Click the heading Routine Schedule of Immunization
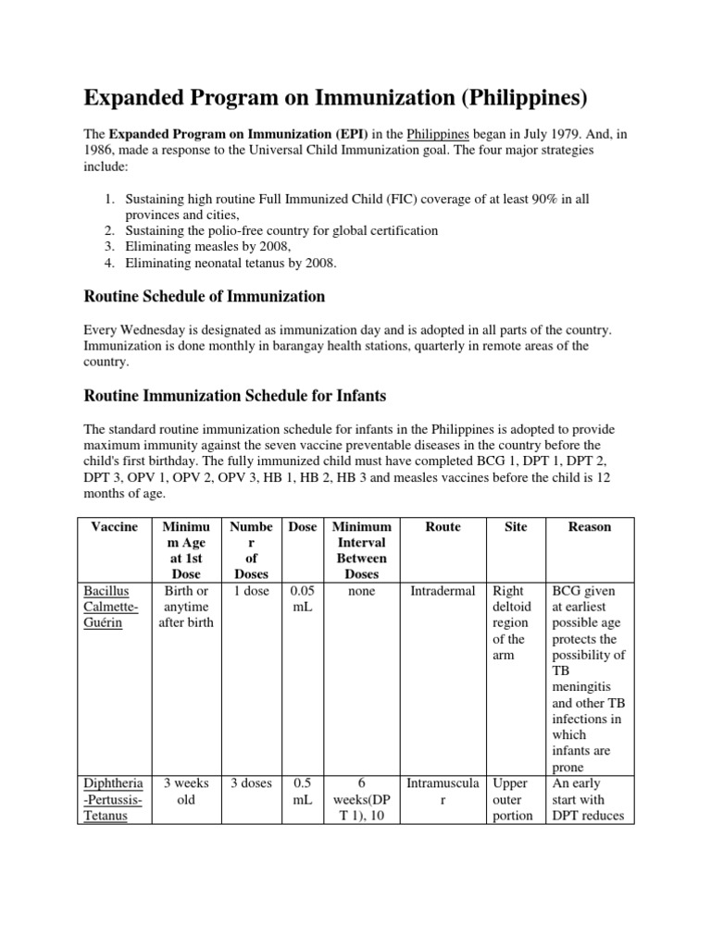tap(204, 297)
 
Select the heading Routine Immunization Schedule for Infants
tap(235, 396)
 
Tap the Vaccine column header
tap(115, 526)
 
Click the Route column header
tap(443, 526)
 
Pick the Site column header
tap(516, 526)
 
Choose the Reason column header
tap(589, 526)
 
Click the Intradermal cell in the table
tap(443, 591)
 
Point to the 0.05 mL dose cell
tap(302, 598)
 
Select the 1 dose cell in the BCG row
tap(252, 591)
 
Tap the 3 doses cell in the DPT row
tap(252, 783)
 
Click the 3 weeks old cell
tap(186, 791)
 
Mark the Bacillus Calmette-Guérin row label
tap(115, 607)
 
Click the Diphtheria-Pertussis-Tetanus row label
tap(115, 799)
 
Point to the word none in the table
tap(361, 591)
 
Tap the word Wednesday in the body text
tap(161, 330)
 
